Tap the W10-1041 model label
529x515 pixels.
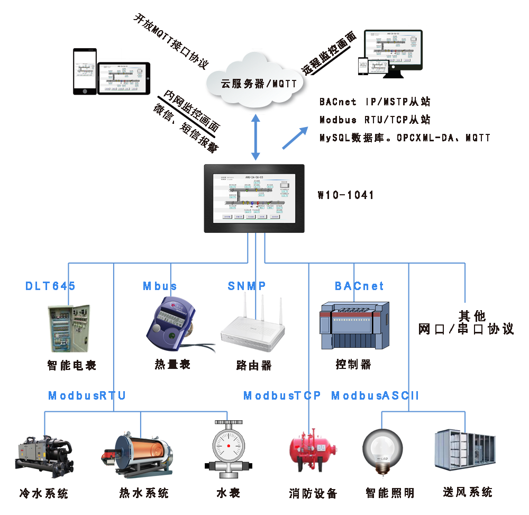click(345, 195)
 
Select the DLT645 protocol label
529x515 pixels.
click(51, 286)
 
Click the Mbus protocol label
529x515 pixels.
click(160, 286)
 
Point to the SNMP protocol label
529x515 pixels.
click(247, 286)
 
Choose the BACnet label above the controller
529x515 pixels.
click(359, 286)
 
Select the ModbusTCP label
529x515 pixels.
click(282, 395)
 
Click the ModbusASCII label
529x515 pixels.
click(375, 395)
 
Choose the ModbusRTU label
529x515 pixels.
click(87, 395)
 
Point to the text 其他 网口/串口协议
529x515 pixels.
click(466, 322)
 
